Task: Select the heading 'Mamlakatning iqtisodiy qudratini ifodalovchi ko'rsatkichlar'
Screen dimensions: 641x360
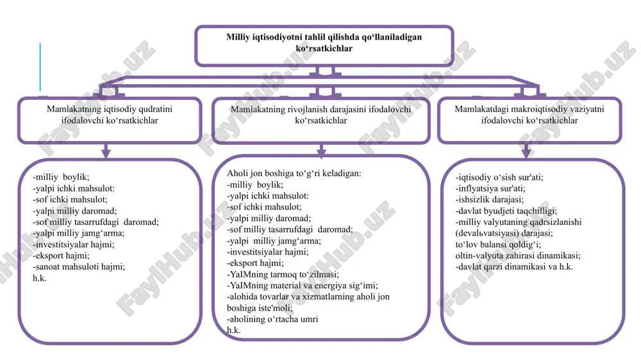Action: click(110, 115)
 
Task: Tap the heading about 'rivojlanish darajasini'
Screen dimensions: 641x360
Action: click(321, 115)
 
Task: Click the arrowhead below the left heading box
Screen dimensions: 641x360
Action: click(106, 153)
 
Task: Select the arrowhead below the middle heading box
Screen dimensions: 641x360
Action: click(321, 153)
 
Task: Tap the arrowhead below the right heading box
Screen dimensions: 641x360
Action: click(526, 153)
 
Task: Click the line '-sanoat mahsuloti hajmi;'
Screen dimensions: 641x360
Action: click(79, 267)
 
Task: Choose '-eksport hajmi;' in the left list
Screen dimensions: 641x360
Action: click(61, 256)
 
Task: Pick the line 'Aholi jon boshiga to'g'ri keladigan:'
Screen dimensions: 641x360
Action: click(294, 173)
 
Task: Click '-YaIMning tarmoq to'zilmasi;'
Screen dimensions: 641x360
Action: click(283, 274)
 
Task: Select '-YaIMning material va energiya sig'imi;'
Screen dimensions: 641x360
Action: click(303, 286)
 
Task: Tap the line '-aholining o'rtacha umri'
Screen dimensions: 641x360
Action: click(272, 319)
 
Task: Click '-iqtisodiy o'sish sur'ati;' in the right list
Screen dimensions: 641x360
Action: click(499, 177)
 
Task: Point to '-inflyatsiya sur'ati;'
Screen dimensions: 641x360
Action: click(490, 188)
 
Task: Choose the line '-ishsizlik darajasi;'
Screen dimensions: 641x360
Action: click(489, 200)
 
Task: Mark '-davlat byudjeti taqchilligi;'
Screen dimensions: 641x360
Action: click(506, 211)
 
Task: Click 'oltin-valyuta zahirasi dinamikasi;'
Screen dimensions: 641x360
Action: click(518, 256)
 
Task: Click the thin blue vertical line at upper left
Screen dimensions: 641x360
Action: click(40, 67)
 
